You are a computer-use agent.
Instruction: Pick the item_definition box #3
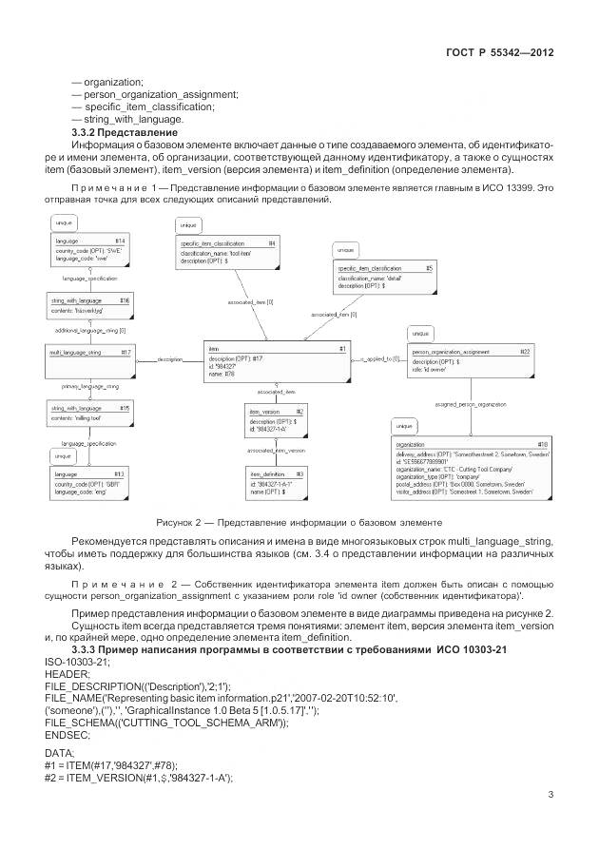276,481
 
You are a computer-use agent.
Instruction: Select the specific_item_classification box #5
385,277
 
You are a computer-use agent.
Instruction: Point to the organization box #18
471,469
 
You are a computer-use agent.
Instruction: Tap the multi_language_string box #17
89,359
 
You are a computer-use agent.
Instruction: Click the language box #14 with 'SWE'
89,250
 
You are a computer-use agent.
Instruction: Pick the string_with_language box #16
89,304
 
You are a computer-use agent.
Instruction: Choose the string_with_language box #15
89,413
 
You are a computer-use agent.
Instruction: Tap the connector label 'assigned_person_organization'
470,403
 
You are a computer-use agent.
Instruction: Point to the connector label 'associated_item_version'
276,450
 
